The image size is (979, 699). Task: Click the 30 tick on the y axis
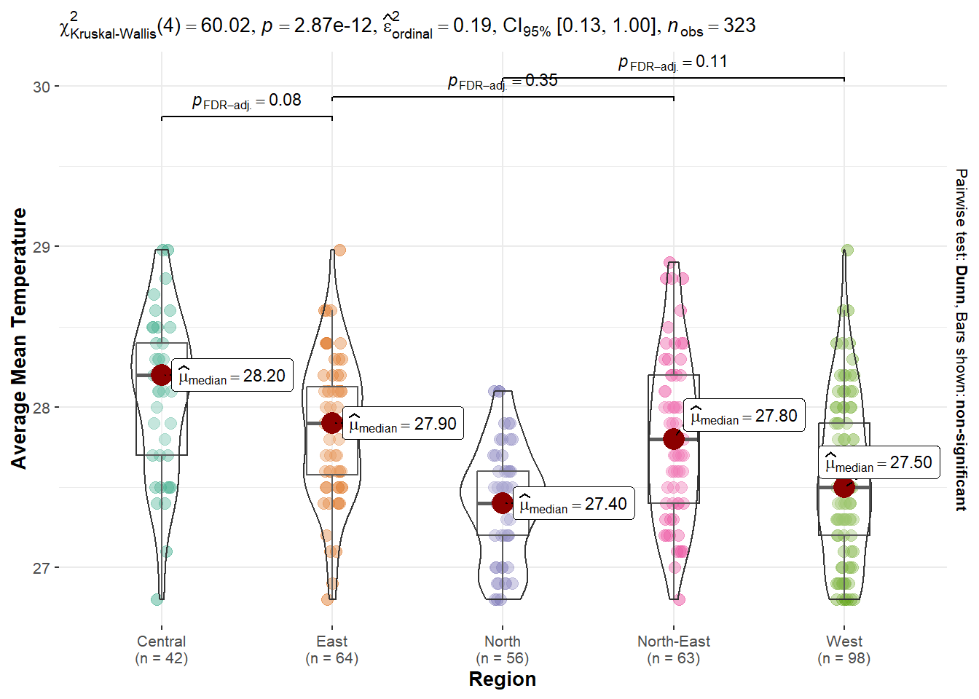[x=42, y=87]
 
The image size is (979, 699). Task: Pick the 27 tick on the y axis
[x=42, y=568]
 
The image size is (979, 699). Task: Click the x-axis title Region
[x=503, y=679]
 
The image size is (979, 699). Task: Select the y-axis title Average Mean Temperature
[x=19, y=339]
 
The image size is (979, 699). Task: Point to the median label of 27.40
[x=573, y=505]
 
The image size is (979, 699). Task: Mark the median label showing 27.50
[x=878, y=463]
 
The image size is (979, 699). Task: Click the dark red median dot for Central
[x=162, y=375]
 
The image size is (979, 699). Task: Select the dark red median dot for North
[x=503, y=502]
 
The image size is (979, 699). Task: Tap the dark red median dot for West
[x=844, y=487]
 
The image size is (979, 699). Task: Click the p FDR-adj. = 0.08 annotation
[x=247, y=101]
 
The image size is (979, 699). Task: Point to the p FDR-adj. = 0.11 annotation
[x=673, y=63]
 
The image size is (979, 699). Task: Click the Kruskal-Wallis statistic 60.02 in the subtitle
[x=226, y=26]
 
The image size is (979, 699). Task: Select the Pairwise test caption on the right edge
[x=962, y=339]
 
